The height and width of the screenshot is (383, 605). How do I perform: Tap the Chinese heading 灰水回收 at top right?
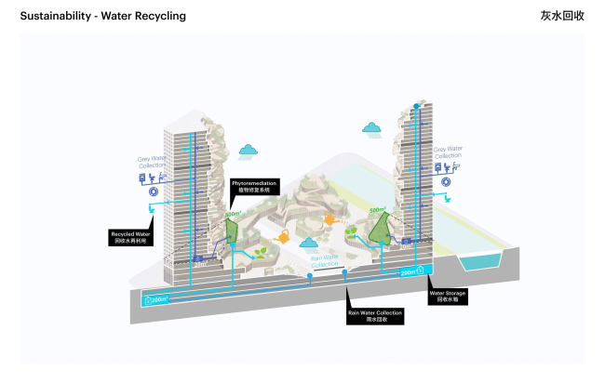point(562,16)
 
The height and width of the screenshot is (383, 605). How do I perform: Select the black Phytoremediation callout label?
point(254,187)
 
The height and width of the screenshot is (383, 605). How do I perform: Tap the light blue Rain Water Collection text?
point(324,261)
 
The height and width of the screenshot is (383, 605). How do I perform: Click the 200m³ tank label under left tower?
point(158,299)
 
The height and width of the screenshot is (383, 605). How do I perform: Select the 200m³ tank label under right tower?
point(408,272)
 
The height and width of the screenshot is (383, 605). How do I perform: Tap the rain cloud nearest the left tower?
point(248,149)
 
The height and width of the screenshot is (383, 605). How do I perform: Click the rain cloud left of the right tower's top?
point(372,127)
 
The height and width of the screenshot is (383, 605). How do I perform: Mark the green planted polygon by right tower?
point(379,226)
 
